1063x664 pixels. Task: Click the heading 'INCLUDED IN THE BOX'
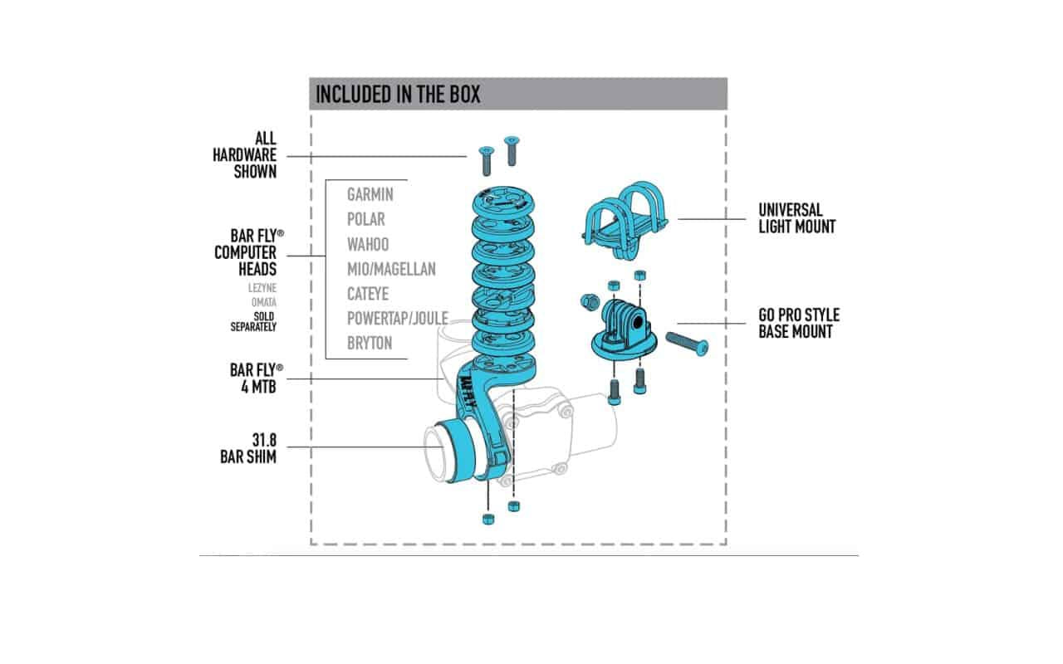point(398,94)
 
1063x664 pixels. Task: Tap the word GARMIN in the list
point(370,194)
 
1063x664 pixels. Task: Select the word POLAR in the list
point(366,219)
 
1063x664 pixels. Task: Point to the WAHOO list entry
point(368,244)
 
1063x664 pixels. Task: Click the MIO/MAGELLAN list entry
point(391,269)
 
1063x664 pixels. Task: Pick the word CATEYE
point(368,294)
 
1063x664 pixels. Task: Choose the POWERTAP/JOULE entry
point(398,318)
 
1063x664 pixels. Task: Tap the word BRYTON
point(370,343)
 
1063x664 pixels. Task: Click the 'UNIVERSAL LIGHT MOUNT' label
point(796,218)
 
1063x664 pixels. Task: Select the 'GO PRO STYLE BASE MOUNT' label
point(799,323)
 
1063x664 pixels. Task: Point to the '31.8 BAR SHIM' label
point(248,448)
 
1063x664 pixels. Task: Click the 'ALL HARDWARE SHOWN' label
point(244,155)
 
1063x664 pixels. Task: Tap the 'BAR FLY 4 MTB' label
point(257,378)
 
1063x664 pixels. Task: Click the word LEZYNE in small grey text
point(262,288)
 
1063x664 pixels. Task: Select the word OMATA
point(264,302)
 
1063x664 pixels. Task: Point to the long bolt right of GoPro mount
point(687,343)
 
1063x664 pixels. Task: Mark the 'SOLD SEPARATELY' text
point(253,321)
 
